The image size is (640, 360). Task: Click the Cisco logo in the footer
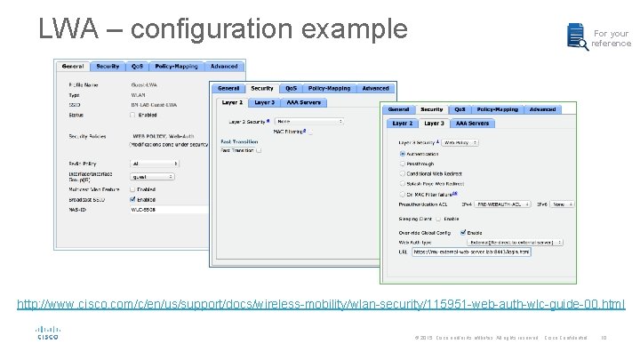click(47, 333)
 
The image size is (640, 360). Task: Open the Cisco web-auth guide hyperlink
click(321, 305)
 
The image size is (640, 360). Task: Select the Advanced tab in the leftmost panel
click(224, 66)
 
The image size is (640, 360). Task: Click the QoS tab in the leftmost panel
click(138, 66)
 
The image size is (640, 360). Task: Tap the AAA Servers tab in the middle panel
click(303, 102)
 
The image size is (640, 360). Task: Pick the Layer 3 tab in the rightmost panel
click(434, 123)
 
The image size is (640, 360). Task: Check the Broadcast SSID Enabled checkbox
click(132, 200)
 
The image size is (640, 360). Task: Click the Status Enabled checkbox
click(132, 115)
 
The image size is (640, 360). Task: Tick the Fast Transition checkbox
click(259, 150)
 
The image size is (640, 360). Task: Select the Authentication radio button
click(402, 154)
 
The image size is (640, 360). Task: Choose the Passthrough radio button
click(402, 164)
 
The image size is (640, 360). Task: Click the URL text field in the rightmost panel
click(471, 252)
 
